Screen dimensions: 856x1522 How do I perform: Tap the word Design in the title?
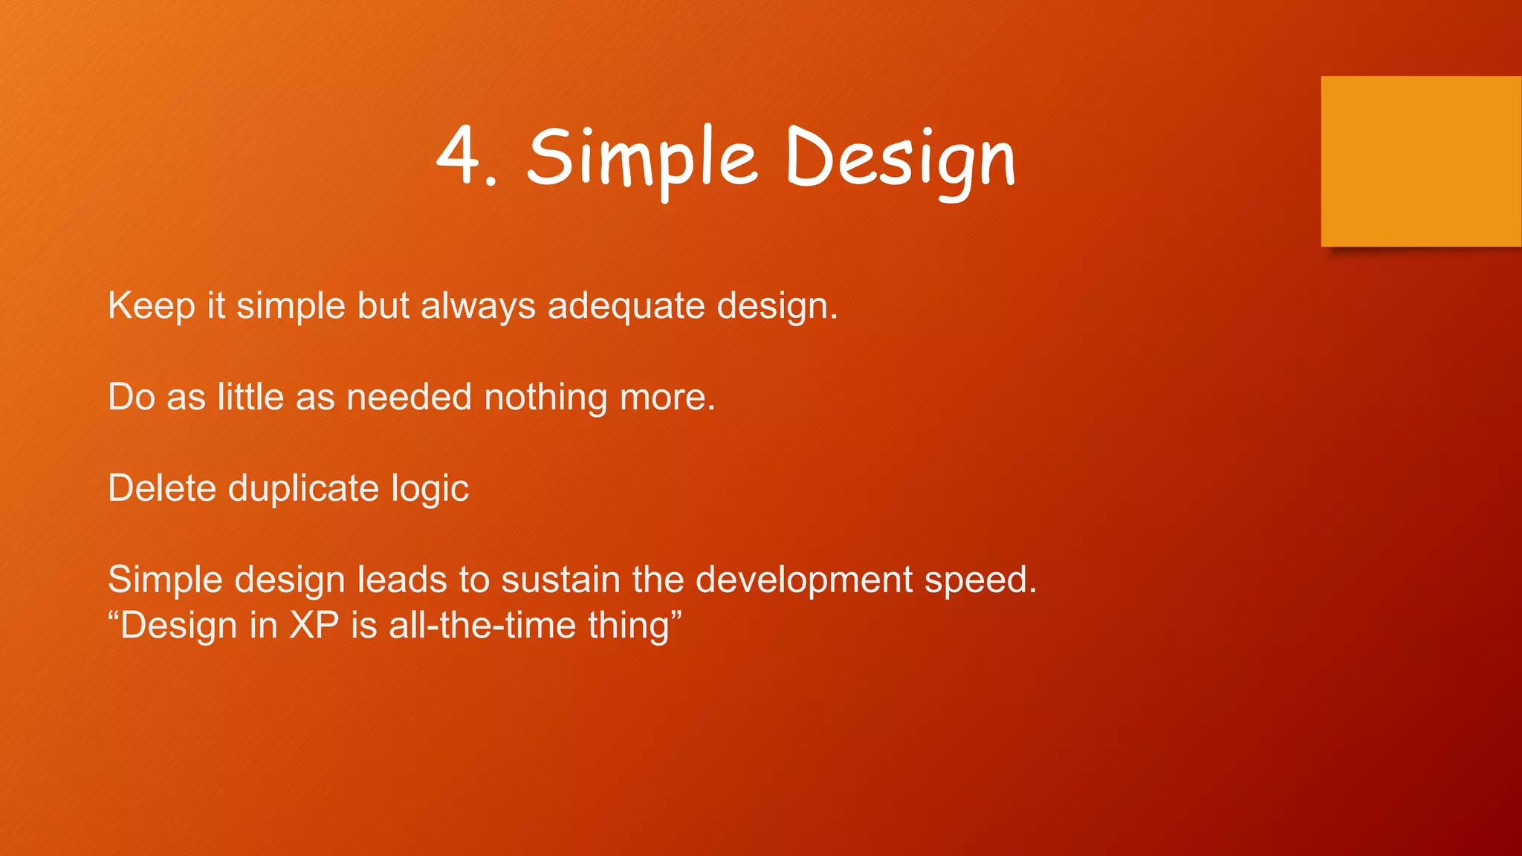(900, 160)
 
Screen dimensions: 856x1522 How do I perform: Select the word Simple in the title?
(642, 160)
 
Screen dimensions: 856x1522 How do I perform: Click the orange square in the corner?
(1420, 161)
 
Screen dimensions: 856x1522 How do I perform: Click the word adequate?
(626, 307)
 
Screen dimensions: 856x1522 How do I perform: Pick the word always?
(478, 307)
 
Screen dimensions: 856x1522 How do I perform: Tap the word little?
(250, 397)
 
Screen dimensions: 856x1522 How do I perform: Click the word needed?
(409, 397)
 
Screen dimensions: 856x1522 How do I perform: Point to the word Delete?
(161, 488)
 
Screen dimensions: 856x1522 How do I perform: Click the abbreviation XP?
(314, 626)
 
